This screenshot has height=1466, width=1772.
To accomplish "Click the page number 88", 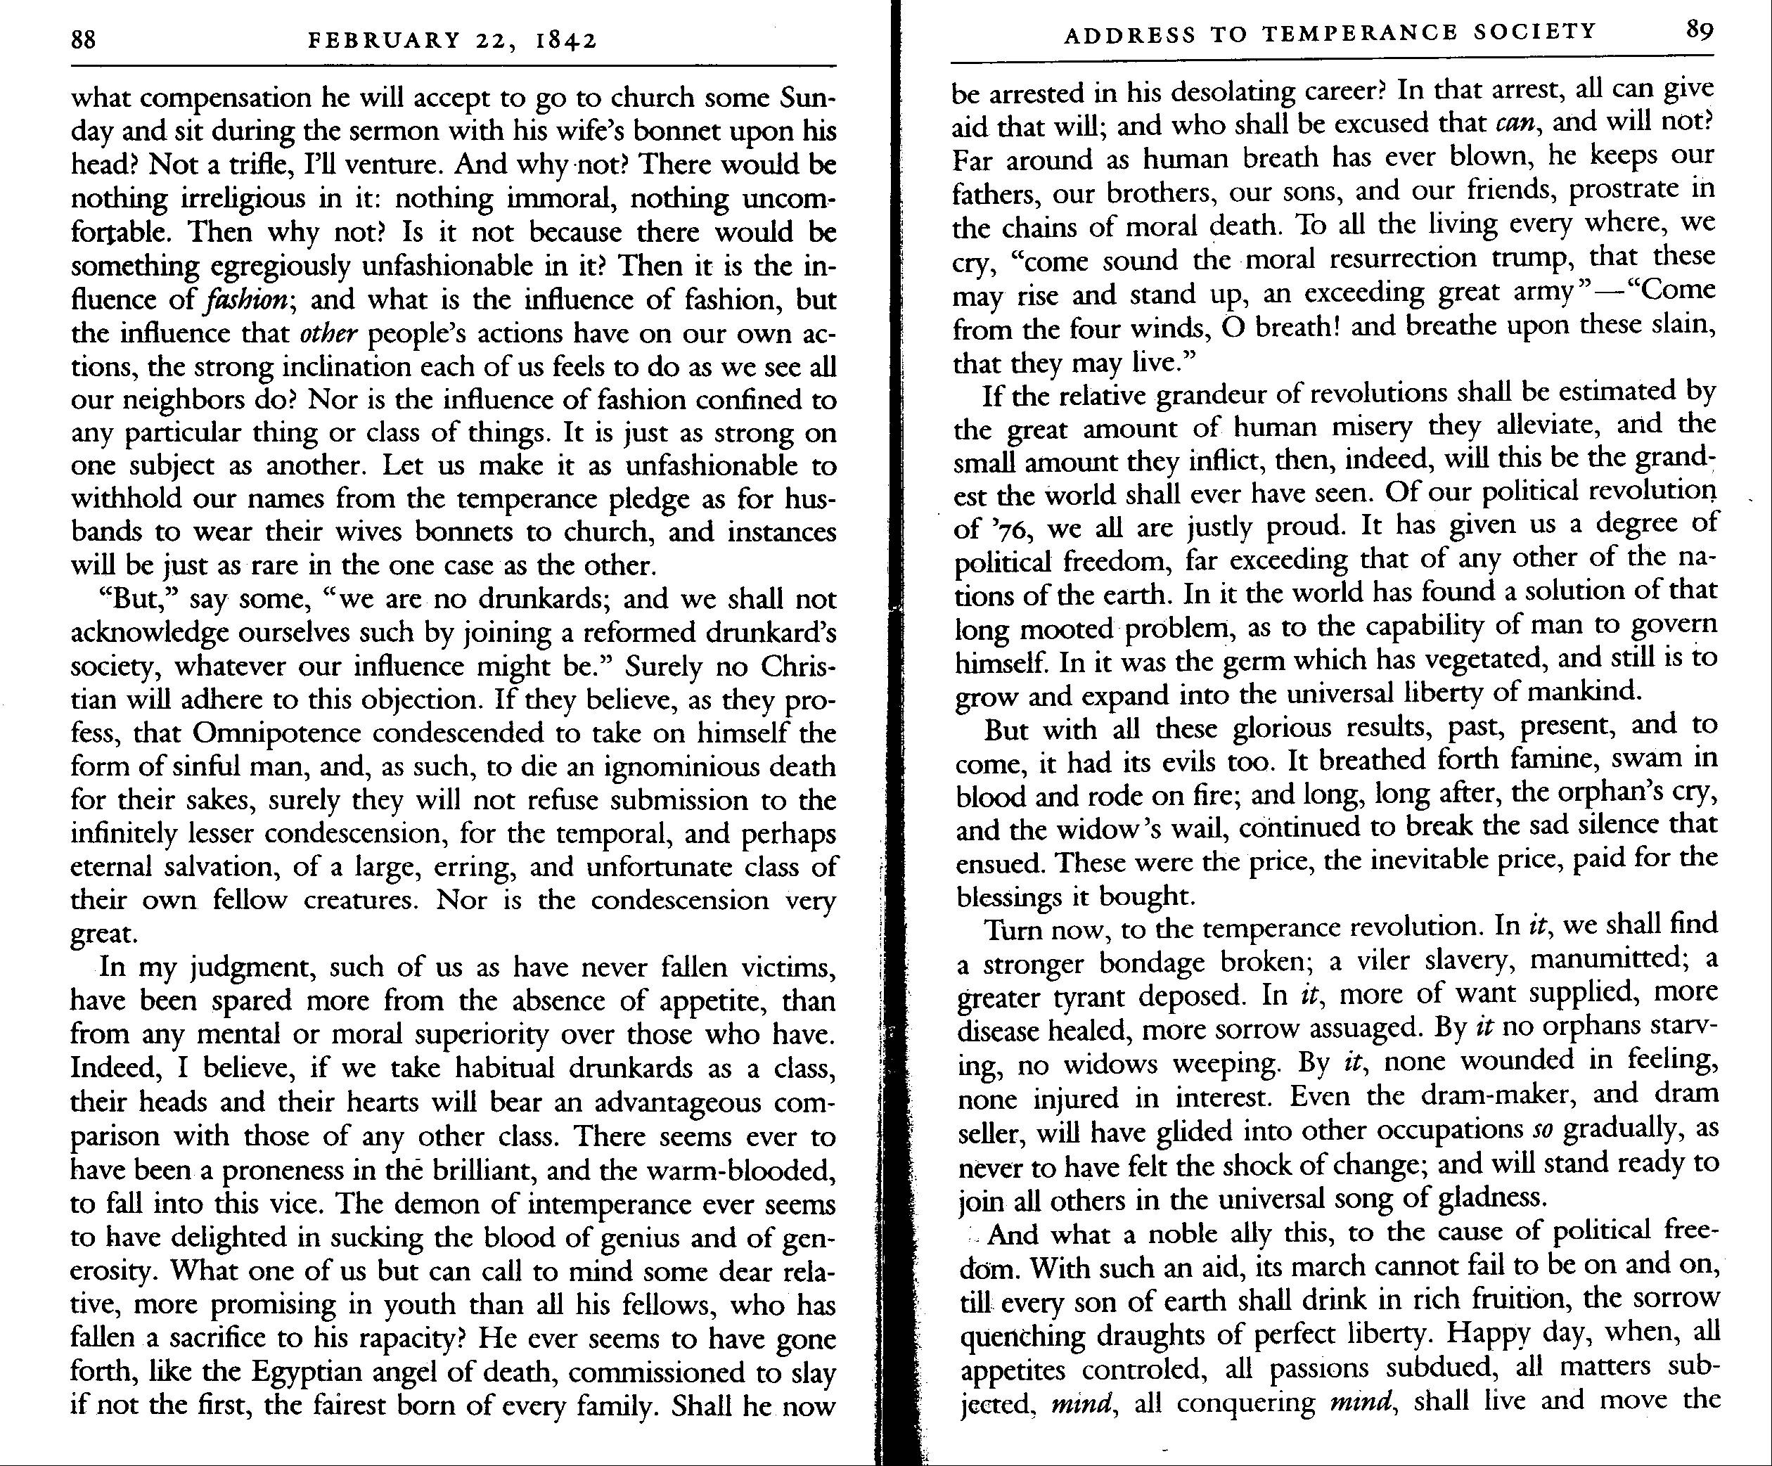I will (x=84, y=39).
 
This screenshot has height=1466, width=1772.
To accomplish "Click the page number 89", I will (x=1700, y=30).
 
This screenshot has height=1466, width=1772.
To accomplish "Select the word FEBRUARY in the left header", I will (x=385, y=39).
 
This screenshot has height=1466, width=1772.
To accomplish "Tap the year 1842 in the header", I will (x=566, y=39).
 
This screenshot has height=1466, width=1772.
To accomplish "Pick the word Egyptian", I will (x=321, y=1372).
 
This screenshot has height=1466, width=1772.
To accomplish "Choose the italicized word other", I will (x=329, y=334).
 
